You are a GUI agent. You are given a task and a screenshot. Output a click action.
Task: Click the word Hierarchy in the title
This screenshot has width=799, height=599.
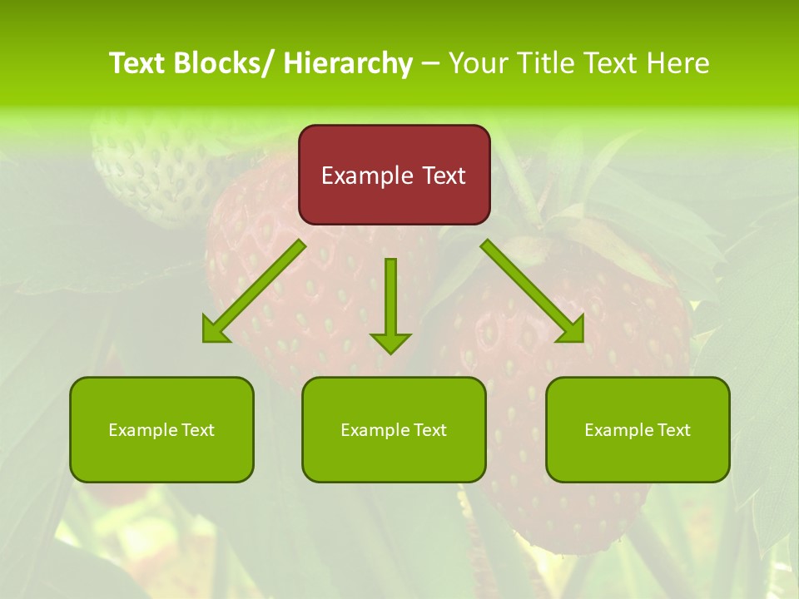[348, 63]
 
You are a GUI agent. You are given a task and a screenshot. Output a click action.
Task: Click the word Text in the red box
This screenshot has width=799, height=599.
[444, 176]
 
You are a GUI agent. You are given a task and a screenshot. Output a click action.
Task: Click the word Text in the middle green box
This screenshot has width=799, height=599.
[429, 430]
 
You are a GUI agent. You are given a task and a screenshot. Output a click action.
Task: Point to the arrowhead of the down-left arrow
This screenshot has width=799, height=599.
[214, 332]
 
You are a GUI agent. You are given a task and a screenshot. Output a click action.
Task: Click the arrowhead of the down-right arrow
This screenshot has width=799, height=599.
[573, 332]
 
